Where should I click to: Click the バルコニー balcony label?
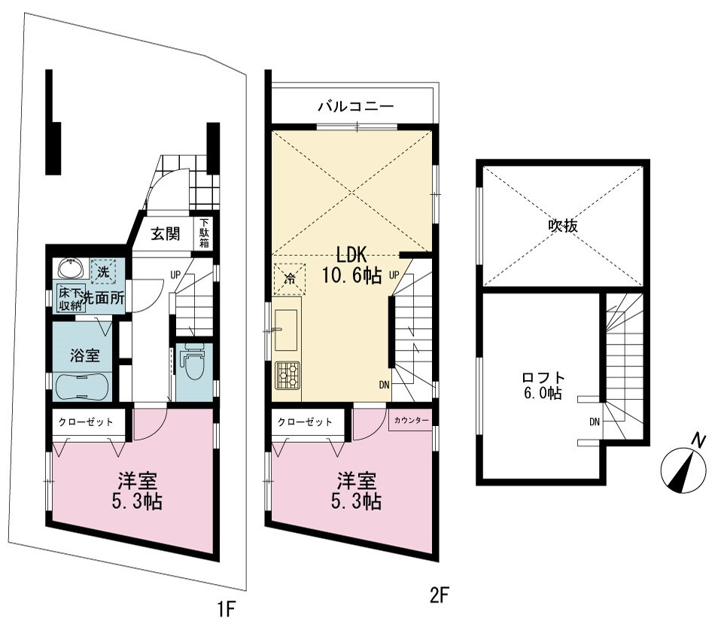click(356, 107)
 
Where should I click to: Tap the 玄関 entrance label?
click(166, 234)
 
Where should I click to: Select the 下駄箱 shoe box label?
click(204, 233)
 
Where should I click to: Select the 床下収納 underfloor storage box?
click(70, 298)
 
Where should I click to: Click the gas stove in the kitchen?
click(288, 376)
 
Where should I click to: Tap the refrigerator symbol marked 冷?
click(289, 278)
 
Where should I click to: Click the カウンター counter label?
click(410, 420)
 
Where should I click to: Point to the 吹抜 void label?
click(563, 225)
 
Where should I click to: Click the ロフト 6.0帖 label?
click(543, 385)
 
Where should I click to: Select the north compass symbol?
click(683, 466)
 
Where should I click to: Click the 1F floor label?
click(226, 610)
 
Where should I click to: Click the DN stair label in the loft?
click(594, 422)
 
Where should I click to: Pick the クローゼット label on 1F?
click(86, 422)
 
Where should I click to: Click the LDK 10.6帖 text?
click(351, 264)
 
